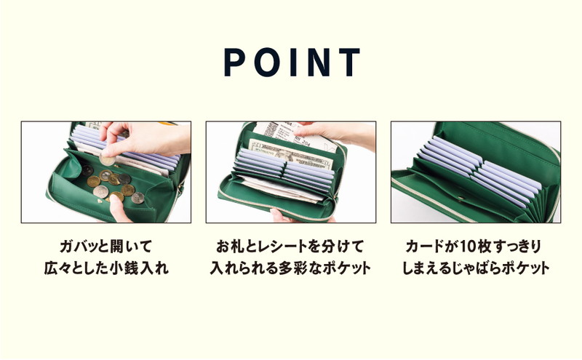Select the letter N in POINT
319,63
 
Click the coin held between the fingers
107,160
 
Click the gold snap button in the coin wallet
100,201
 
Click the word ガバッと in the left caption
80,247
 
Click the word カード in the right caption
425,247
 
